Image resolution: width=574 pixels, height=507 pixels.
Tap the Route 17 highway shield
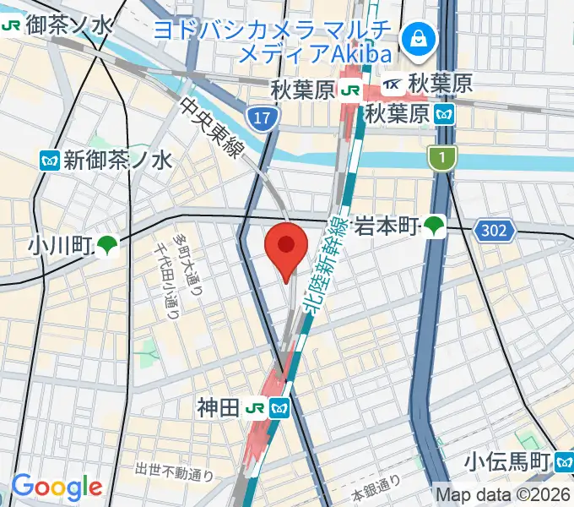pos(263,117)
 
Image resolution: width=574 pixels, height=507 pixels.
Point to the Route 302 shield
pos(489,229)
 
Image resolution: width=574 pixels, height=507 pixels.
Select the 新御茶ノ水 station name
pos(117,159)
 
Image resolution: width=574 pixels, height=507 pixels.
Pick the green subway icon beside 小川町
pos(106,246)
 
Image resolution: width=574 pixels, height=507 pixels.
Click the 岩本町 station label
pos(387,226)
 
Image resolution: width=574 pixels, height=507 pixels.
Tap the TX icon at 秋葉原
pos(393,84)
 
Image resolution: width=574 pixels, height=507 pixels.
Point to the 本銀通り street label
pos(376,488)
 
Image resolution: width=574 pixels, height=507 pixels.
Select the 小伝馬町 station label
pos(507,462)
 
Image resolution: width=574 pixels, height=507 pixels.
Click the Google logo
pos(56,488)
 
